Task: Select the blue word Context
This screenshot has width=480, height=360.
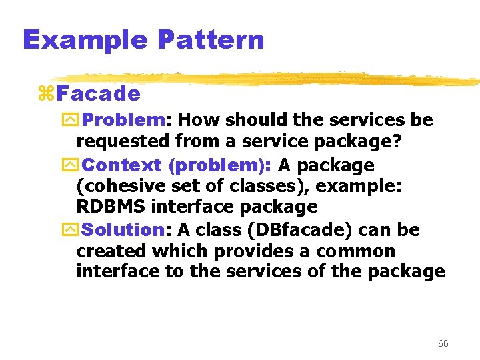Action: [123, 165]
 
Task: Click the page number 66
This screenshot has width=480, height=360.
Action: [443, 343]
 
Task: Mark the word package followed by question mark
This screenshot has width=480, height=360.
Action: [361, 142]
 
